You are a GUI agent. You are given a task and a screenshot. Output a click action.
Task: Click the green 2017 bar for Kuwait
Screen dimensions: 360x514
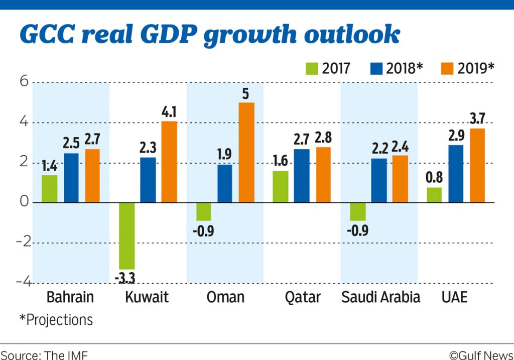pos(126,235)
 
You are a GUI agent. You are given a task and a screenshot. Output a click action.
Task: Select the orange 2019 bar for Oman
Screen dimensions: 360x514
pos(246,153)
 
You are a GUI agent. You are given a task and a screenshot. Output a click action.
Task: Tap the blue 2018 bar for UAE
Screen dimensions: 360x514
pos(456,174)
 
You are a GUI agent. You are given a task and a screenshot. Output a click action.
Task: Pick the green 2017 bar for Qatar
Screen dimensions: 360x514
pos(280,187)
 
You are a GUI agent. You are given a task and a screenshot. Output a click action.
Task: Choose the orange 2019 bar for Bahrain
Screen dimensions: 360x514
pos(92,176)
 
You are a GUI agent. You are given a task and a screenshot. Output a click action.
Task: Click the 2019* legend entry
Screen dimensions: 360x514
pos(467,68)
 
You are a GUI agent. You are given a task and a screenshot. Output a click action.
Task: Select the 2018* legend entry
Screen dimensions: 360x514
pos(394,68)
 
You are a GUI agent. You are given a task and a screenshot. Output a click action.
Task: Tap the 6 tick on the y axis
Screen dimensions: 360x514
pos(23,82)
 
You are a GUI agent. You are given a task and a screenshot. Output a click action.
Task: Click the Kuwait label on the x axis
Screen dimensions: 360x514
pos(146,297)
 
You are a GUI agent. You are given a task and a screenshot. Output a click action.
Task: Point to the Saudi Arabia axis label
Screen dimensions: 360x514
pos(380,297)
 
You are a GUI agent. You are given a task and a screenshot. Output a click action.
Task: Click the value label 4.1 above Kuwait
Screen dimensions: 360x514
pos(169,113)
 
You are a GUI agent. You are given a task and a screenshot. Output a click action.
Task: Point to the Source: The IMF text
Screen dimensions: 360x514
pos(44,354)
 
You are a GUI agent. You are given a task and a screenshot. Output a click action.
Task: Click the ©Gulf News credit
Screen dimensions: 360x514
pos(480,354)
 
